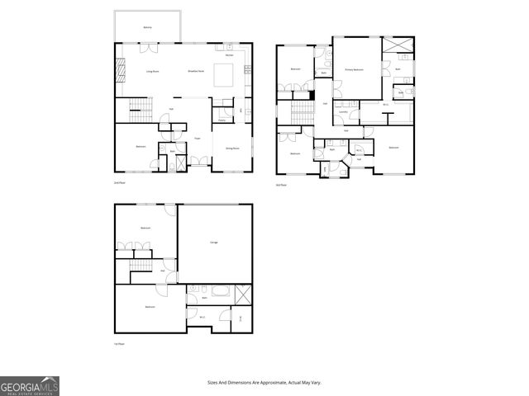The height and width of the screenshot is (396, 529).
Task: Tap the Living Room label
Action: tap(153, 73)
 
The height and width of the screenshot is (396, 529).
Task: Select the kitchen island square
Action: tap(224, 74)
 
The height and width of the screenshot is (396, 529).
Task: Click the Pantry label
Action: tap(222, 120)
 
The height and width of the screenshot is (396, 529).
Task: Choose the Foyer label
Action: tap(197, 138)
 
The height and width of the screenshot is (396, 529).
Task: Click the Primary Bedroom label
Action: tap(355, 71)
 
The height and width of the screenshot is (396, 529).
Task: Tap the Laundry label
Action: tap(342, 112)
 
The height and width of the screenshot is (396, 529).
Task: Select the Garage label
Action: tap(213, 242)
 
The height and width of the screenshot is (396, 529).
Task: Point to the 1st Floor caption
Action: tap(121, 344)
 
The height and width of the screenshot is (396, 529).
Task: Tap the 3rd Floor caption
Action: tap(282, 186)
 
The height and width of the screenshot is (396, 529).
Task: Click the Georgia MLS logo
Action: tap(29, 386)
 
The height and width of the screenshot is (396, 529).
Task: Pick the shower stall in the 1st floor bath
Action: tap(243, 295)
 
